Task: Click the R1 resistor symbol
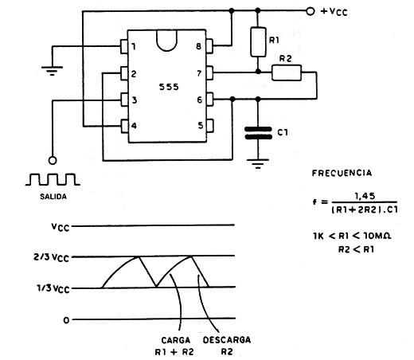[x=258, y=42]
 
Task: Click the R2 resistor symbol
[x=287, y=72]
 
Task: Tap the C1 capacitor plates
[x=258, y=133]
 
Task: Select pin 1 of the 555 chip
[x=124, y=46]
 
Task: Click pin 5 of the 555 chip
[x=210, y=126]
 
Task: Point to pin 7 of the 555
[x=209, y=72]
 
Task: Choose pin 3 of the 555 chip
[x=124, y=100]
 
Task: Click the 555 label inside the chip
[x=169, y=87]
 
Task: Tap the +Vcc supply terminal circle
[x=310, y=11]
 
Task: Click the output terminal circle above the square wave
[x=53, y=161]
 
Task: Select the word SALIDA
[x=53, y=197]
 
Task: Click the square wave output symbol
[x=53, y=179]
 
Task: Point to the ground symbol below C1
[x=258, y=163]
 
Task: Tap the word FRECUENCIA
[x=342, y=173]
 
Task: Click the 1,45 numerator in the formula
[x=365, y=196]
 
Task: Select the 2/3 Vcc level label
[x=51, y=257]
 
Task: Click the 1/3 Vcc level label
[x=53, y=288]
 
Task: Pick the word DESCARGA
[x=227, y=340]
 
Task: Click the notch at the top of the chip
[x=167, y=41]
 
